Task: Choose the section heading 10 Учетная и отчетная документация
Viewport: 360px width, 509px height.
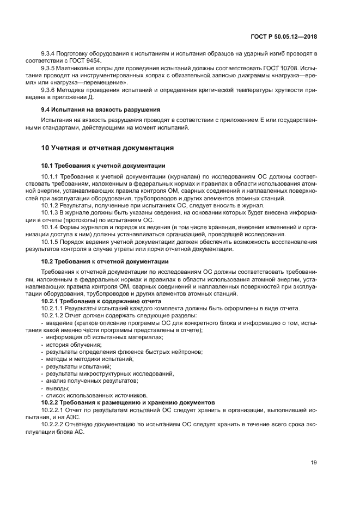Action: (107, 147)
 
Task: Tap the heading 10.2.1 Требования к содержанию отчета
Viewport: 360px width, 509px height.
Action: (101, 301)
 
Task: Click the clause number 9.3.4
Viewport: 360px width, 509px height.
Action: (50, 53)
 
